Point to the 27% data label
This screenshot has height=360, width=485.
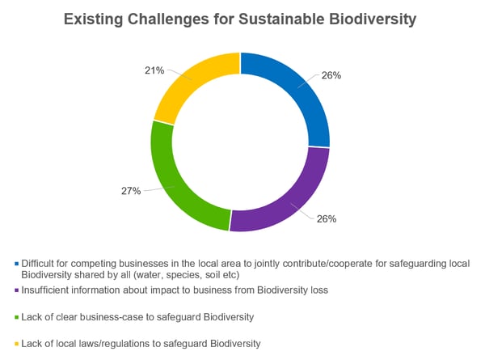(131, 191)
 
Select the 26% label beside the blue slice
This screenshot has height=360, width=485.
(331, 75)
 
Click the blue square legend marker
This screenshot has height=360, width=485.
(16, 264)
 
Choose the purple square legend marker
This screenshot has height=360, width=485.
(16, 290)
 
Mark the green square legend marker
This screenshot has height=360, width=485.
(16, 317)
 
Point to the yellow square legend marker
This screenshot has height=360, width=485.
(16, 344)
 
